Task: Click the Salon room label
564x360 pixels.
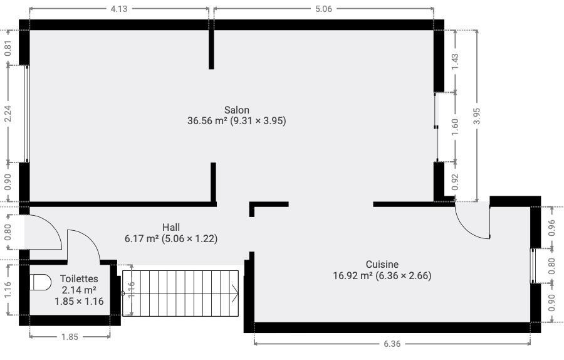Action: coord(237,110)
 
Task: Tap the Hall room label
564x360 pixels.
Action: coord(171,227)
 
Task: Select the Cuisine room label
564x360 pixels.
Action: coord(382,264)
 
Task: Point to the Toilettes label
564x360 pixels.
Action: coord(79,278)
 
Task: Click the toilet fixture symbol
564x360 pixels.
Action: coord(41,282)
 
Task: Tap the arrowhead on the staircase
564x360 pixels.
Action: coord(235,294)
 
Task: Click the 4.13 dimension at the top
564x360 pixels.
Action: coord(118,9)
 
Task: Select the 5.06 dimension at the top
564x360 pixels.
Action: coord(323,9)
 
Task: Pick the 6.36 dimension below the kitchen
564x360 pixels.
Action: coord(392,344)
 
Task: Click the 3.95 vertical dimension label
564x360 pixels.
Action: coord(477,116)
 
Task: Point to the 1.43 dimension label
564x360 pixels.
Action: coord(456,61)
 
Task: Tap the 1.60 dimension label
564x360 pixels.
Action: coord(456,127)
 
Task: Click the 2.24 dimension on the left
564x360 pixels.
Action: coord(8,114)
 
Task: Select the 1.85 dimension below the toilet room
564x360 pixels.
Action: coord(70,337)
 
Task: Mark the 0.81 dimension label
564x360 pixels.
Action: coord(8,48)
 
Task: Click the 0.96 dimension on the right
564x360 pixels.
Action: coord(552,228)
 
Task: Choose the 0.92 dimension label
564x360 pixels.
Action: coord(456,182)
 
